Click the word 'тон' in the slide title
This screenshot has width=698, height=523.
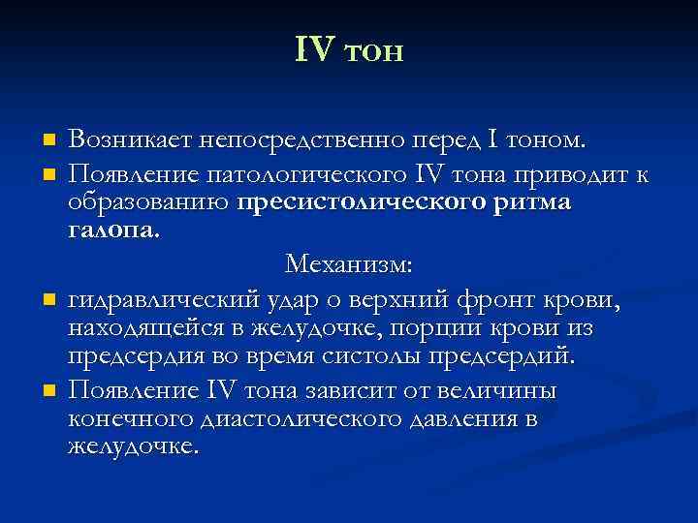[371, 51]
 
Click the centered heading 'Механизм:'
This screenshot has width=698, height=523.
[349, 263]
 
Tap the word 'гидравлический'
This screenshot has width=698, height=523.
[158, 299]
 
